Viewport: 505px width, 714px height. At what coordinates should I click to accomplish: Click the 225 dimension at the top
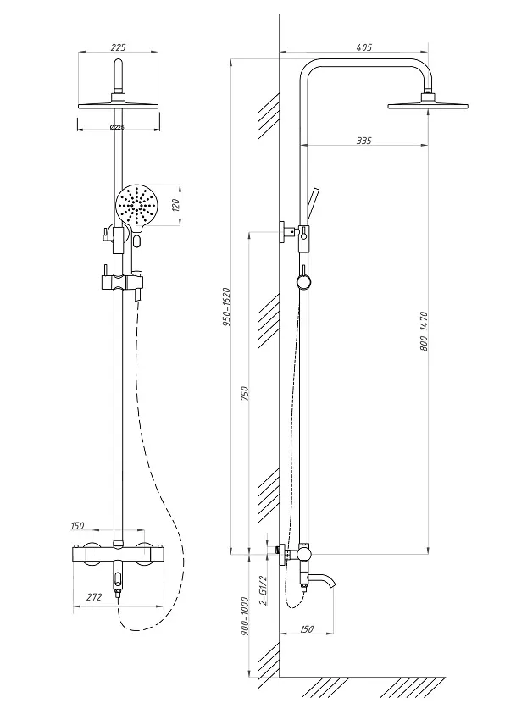[x=118, y=47]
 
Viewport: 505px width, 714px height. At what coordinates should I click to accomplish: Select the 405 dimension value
[x=364, y=47]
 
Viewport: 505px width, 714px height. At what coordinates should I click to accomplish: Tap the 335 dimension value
[x=363, y=141]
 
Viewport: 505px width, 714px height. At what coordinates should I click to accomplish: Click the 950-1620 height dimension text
[x=227, y=307]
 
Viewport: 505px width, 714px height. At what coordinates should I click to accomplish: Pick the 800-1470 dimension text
[x=424, y=331]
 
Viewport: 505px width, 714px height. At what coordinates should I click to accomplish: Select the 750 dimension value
[x=245, y=393]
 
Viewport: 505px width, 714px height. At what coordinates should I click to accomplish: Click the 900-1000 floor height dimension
[x=245, y=616]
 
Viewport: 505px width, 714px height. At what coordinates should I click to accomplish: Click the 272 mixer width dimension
[x=94, y=597]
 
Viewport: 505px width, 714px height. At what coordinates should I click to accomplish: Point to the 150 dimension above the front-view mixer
[x=77, y=526]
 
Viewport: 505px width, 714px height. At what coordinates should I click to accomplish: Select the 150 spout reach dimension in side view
[x=307, y=629]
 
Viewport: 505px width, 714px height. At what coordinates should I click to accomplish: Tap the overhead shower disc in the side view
[x=428, y=107]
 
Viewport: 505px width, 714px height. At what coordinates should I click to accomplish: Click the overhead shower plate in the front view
[x=119, y=107]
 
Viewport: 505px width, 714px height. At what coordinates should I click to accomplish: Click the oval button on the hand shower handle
[x=137, y=240]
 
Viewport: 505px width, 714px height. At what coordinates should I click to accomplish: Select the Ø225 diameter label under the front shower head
[x=118, y=128]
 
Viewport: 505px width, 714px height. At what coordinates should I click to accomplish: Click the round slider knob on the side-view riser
[x=303, y=281]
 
